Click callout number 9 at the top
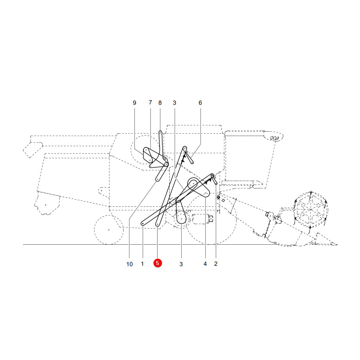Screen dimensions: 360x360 (134, 103)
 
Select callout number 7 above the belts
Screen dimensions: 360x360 (150, 102)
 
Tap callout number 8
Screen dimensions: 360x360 (160, 103)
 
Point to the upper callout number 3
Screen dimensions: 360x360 (174, 103)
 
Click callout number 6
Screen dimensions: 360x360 (200, 103)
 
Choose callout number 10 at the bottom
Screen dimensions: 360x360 (129, 264)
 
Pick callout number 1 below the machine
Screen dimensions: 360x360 (142, 264)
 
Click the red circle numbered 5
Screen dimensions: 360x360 (158, 263)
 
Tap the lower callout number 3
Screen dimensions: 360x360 (181, 264)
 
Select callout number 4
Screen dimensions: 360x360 (205, 264)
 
